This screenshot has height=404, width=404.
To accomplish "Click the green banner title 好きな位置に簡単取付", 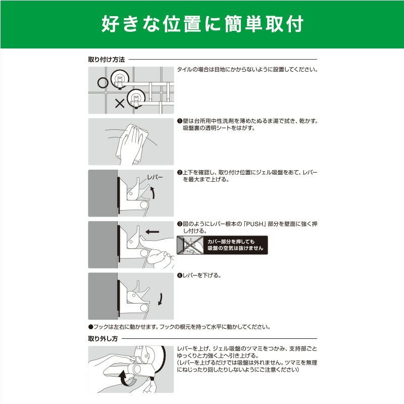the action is click(203, 24).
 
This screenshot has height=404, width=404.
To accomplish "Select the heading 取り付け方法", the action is click(107, 60).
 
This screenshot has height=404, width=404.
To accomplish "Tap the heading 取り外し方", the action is click(103, 338).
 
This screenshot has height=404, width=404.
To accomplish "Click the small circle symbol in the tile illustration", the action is click(103, 83).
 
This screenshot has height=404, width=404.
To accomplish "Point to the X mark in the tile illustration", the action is click(120, 104).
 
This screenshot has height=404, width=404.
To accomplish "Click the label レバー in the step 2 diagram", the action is click(155, 178).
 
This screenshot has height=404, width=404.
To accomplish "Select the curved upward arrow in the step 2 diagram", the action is click(153, 193).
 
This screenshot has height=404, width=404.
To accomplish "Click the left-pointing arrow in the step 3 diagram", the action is click(153, 232).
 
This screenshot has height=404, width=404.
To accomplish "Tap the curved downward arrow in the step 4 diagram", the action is click(160, 299).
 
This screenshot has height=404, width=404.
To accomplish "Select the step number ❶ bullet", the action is click(180, 121).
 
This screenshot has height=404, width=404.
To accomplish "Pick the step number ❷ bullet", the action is click(180, 172).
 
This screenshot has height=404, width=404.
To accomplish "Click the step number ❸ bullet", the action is click(180, 224).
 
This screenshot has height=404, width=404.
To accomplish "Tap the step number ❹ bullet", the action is click(180, 275).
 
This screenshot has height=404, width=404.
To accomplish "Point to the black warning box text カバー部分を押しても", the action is click(231, 242).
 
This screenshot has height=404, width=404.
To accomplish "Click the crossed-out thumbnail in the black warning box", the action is click(190, 245).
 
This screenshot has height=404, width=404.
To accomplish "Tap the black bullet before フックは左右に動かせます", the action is click(90, 327).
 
